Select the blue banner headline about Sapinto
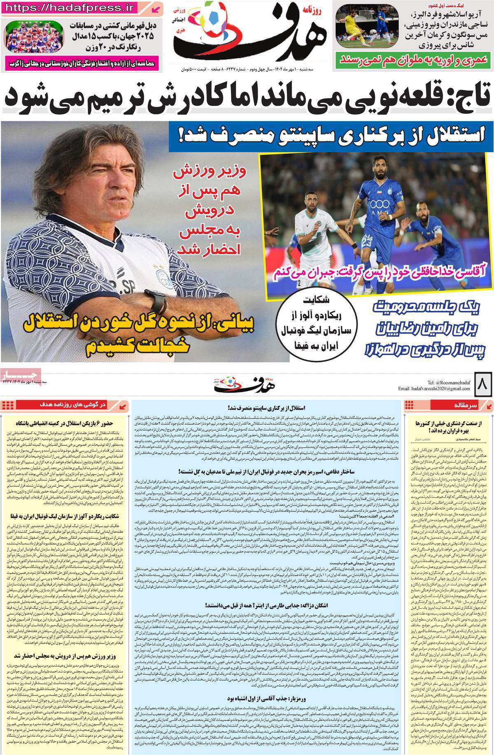point(333,135)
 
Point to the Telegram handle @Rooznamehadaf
point(449,382)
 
